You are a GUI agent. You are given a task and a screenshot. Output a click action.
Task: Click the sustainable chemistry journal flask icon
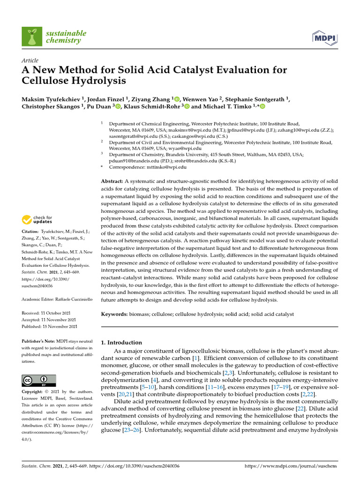click(32, 37)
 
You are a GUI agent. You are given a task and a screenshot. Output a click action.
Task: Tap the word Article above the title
click(30, 60)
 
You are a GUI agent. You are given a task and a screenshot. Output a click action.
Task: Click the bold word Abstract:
click(112, 181)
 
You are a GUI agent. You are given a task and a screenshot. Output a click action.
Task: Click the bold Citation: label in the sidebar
click(31, 232)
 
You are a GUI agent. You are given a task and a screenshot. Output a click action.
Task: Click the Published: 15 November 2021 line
click(50, 326)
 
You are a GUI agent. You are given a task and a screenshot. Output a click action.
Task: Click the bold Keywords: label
click(114, 314)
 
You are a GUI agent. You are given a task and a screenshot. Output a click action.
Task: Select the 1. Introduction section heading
click(121, 343)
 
